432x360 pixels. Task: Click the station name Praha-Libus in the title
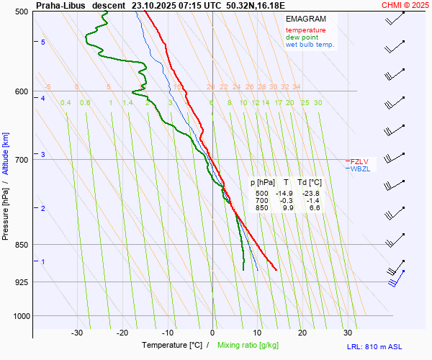(x=60, y=5)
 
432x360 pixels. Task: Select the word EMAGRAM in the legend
(x=305, y=19)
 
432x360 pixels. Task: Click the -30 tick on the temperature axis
(x=77, y=333)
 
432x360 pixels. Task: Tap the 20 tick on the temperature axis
(x=302, y=333)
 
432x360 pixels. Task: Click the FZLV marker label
(x=359, y=161)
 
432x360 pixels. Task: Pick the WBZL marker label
(x=359, y=169)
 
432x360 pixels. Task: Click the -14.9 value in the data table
(x=284, y=194)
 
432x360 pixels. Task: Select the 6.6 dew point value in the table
(x=315, y=208)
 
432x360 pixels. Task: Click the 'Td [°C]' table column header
(x=311, y=183)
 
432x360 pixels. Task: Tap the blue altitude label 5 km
(x=43, y=42)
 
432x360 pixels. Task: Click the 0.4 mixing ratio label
(x=66, y=103)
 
